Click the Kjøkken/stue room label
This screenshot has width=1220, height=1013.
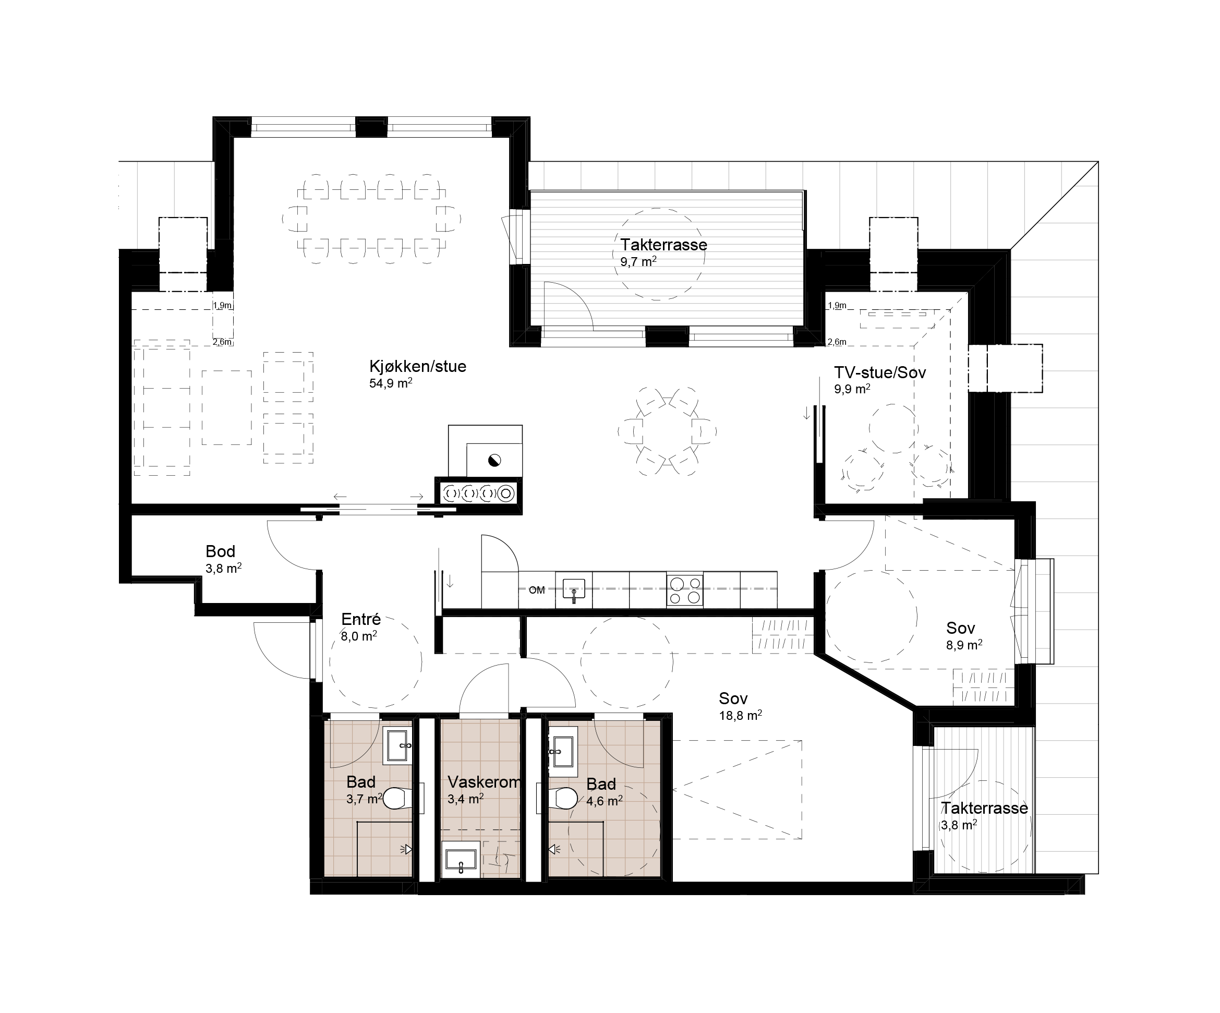(x=418, y=367)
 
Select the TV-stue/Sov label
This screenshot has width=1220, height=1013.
(x=879, y=372)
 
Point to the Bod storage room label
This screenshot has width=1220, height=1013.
(x=220, y=551)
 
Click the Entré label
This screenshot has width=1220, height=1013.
(x=361, y=619)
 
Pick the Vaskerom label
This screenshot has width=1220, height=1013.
(x=484, y=782)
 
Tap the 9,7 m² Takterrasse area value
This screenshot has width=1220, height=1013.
(x=638, y=261)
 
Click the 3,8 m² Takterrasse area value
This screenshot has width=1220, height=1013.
(x=959, y=824)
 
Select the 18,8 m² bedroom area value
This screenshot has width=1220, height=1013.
(x=741, y=715)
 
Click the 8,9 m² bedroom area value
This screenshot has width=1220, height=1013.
(x=964, y=644)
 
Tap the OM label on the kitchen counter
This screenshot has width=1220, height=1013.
(x=537, y=590)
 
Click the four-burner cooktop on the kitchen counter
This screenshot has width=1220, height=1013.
(x=684, y=590)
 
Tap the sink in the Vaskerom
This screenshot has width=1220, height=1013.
(x=461, y=859)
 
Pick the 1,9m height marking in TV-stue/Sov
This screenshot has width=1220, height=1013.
(x=837, y=305)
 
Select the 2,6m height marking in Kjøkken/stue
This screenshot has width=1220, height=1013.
(x=222, y=342)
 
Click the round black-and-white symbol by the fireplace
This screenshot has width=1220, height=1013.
(x=494, y=461)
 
